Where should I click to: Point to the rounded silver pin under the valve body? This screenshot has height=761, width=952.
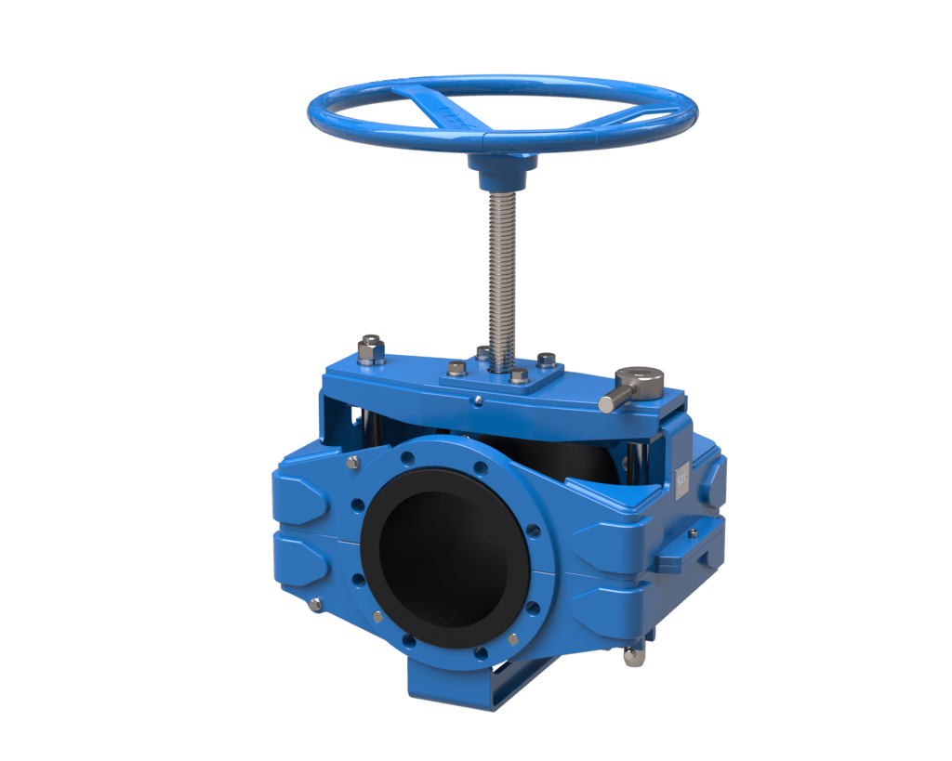pos(633,656)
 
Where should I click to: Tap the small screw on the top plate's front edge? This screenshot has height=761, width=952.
pos(477,400)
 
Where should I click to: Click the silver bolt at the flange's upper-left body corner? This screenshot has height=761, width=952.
pos(352,462)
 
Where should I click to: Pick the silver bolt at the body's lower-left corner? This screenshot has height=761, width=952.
pos(316,605)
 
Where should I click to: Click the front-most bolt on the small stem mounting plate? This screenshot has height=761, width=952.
pos(519,376)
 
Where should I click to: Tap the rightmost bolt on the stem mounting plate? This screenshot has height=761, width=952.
pos(547,359)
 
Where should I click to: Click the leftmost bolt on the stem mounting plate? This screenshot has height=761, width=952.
pos(456,368)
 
